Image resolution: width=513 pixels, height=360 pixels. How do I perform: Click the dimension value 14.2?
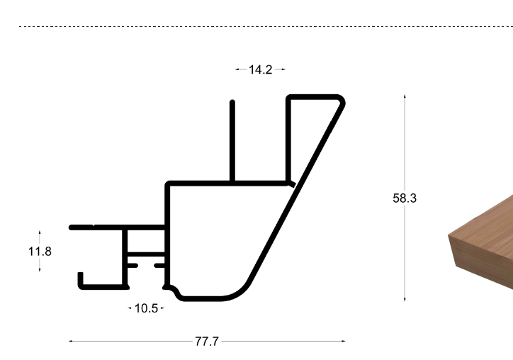click(x=261, y=69)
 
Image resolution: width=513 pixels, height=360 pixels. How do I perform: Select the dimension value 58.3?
click(x=405, y=198)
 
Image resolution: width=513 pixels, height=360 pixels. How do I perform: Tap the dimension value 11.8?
click(x=40, y=252)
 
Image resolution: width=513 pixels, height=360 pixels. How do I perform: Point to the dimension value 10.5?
click(x=146, y=308)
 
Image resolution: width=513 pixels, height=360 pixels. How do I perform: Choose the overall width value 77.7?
click(x=207, y=342)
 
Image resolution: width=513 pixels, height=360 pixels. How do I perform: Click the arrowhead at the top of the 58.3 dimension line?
click(x=405, y=96)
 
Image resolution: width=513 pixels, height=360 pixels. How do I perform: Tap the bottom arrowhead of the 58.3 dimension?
click(x=405, y=299)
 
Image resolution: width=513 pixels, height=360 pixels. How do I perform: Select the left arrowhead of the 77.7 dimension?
click(x=71, y=341)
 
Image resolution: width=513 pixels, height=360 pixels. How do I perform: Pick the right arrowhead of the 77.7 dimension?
click(x=343, y=341)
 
